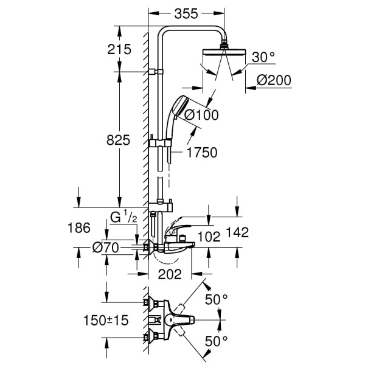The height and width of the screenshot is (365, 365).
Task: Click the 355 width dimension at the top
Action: click(187, 12)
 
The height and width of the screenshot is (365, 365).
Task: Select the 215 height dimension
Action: click(119, 50)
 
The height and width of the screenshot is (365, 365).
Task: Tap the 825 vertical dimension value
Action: click(119, 141)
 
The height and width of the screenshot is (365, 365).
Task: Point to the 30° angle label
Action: click(263, 57)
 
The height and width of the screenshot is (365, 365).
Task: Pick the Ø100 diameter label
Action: click(201, 114)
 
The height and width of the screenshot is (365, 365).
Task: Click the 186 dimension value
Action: click(78, 228)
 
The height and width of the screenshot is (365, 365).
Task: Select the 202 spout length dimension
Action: click(170, 274)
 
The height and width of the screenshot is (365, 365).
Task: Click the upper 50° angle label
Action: click(216, 300)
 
